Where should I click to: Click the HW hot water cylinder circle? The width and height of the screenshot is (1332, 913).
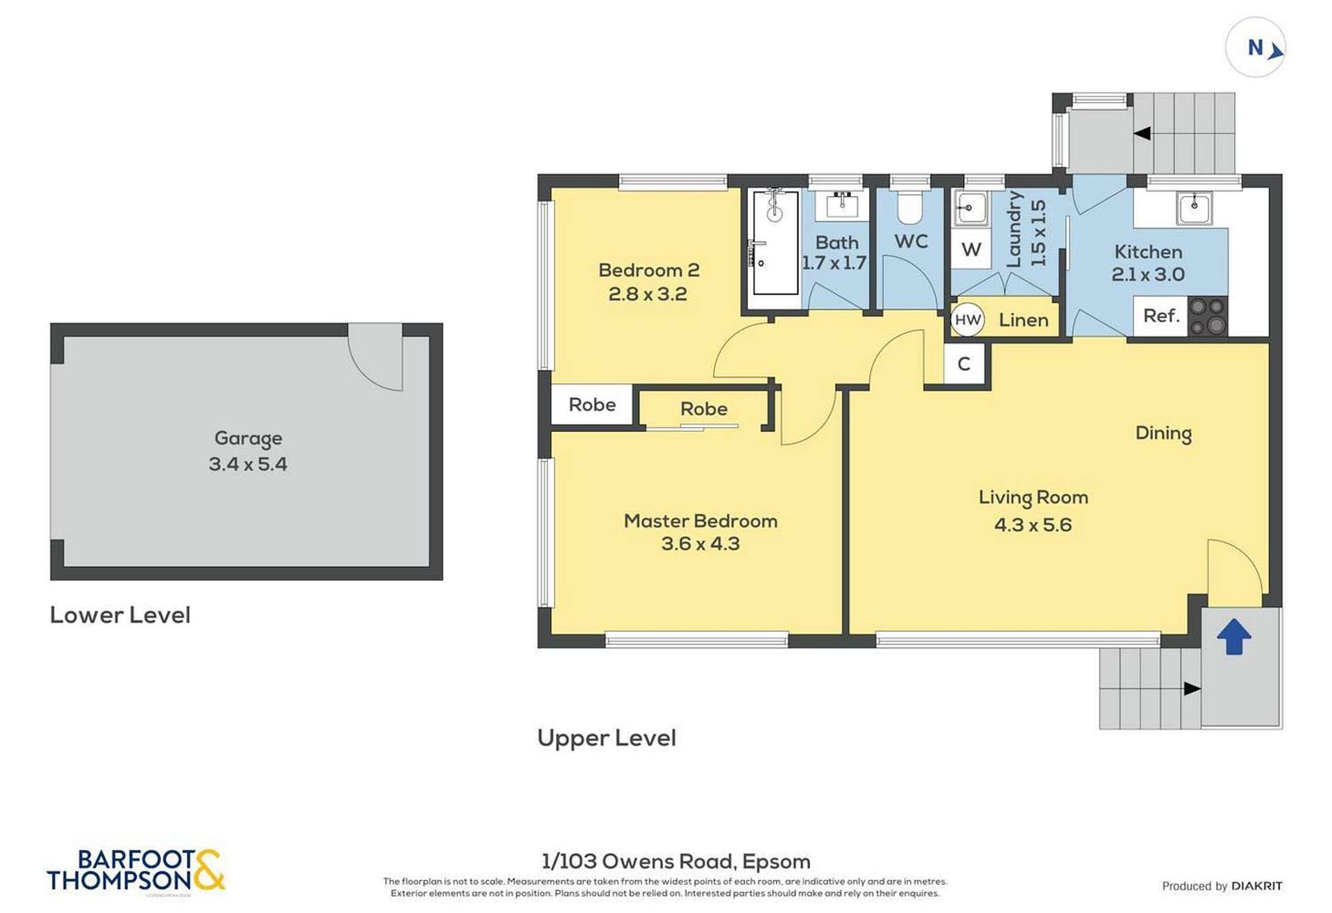coord(967,320)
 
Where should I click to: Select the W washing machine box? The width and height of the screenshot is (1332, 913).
coord(970,249)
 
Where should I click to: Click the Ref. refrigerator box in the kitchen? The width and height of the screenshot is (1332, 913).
coord(1161,317)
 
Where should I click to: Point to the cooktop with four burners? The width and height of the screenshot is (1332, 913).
coord(1208,317)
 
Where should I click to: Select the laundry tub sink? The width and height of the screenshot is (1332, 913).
coord(970,208)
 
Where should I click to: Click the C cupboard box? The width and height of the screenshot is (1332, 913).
coord(963,364)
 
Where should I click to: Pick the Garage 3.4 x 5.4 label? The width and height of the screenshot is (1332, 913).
coord(248,451)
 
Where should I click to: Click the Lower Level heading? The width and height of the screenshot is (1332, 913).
coord(120,615)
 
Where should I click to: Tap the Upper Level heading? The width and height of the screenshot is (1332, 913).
coord(606,738)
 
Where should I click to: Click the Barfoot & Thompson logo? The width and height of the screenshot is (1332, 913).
coord(135,870)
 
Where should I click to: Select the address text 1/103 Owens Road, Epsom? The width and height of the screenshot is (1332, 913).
coord(675,862)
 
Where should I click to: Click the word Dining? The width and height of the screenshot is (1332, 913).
coord(1163,433)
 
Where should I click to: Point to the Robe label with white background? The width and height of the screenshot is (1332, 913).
coord(591,405)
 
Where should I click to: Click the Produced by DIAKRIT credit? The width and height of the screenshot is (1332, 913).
coord(1221,886)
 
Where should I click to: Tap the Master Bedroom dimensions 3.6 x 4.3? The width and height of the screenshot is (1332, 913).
coord(700,544)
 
